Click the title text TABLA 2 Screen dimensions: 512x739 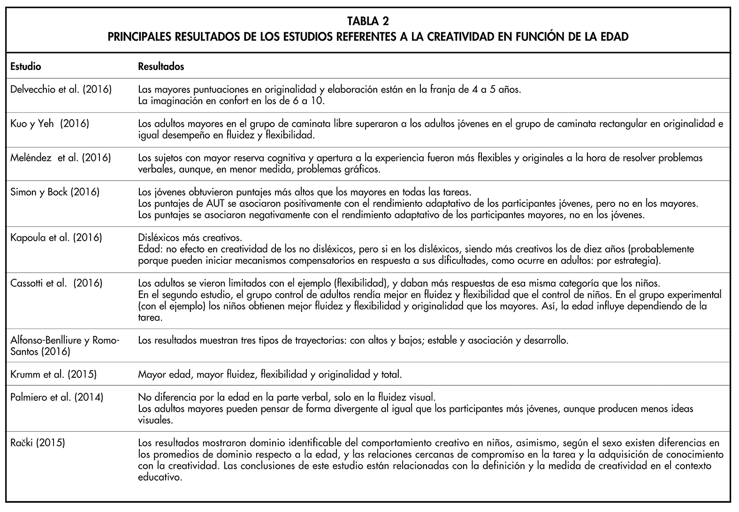[x=368, y=21]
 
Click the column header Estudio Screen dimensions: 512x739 [x=26, y=67]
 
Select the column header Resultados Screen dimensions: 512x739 [x=161, y=67]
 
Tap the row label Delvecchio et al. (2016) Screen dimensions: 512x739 [x=61, y=89]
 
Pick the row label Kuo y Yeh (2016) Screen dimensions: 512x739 [x=50, y=124]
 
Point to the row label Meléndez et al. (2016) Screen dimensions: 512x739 [x=61, y=158]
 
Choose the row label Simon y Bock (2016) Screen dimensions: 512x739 [x=55, y=192]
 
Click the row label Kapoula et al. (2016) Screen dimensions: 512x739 [x=56, y=237]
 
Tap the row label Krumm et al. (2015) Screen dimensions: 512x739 [x=53, y=374]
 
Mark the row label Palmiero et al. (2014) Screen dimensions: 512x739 [x=57, y=397]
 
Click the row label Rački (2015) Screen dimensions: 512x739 [x=38, y=443]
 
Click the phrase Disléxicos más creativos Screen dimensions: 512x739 [x=190, y=237]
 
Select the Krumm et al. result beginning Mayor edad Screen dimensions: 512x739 [x=270, y=374]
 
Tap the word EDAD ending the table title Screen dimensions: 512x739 [x=614, y=37]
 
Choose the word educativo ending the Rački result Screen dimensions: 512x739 [x=160, y=477]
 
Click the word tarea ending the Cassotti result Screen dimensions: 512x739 [x=150, y=318]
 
